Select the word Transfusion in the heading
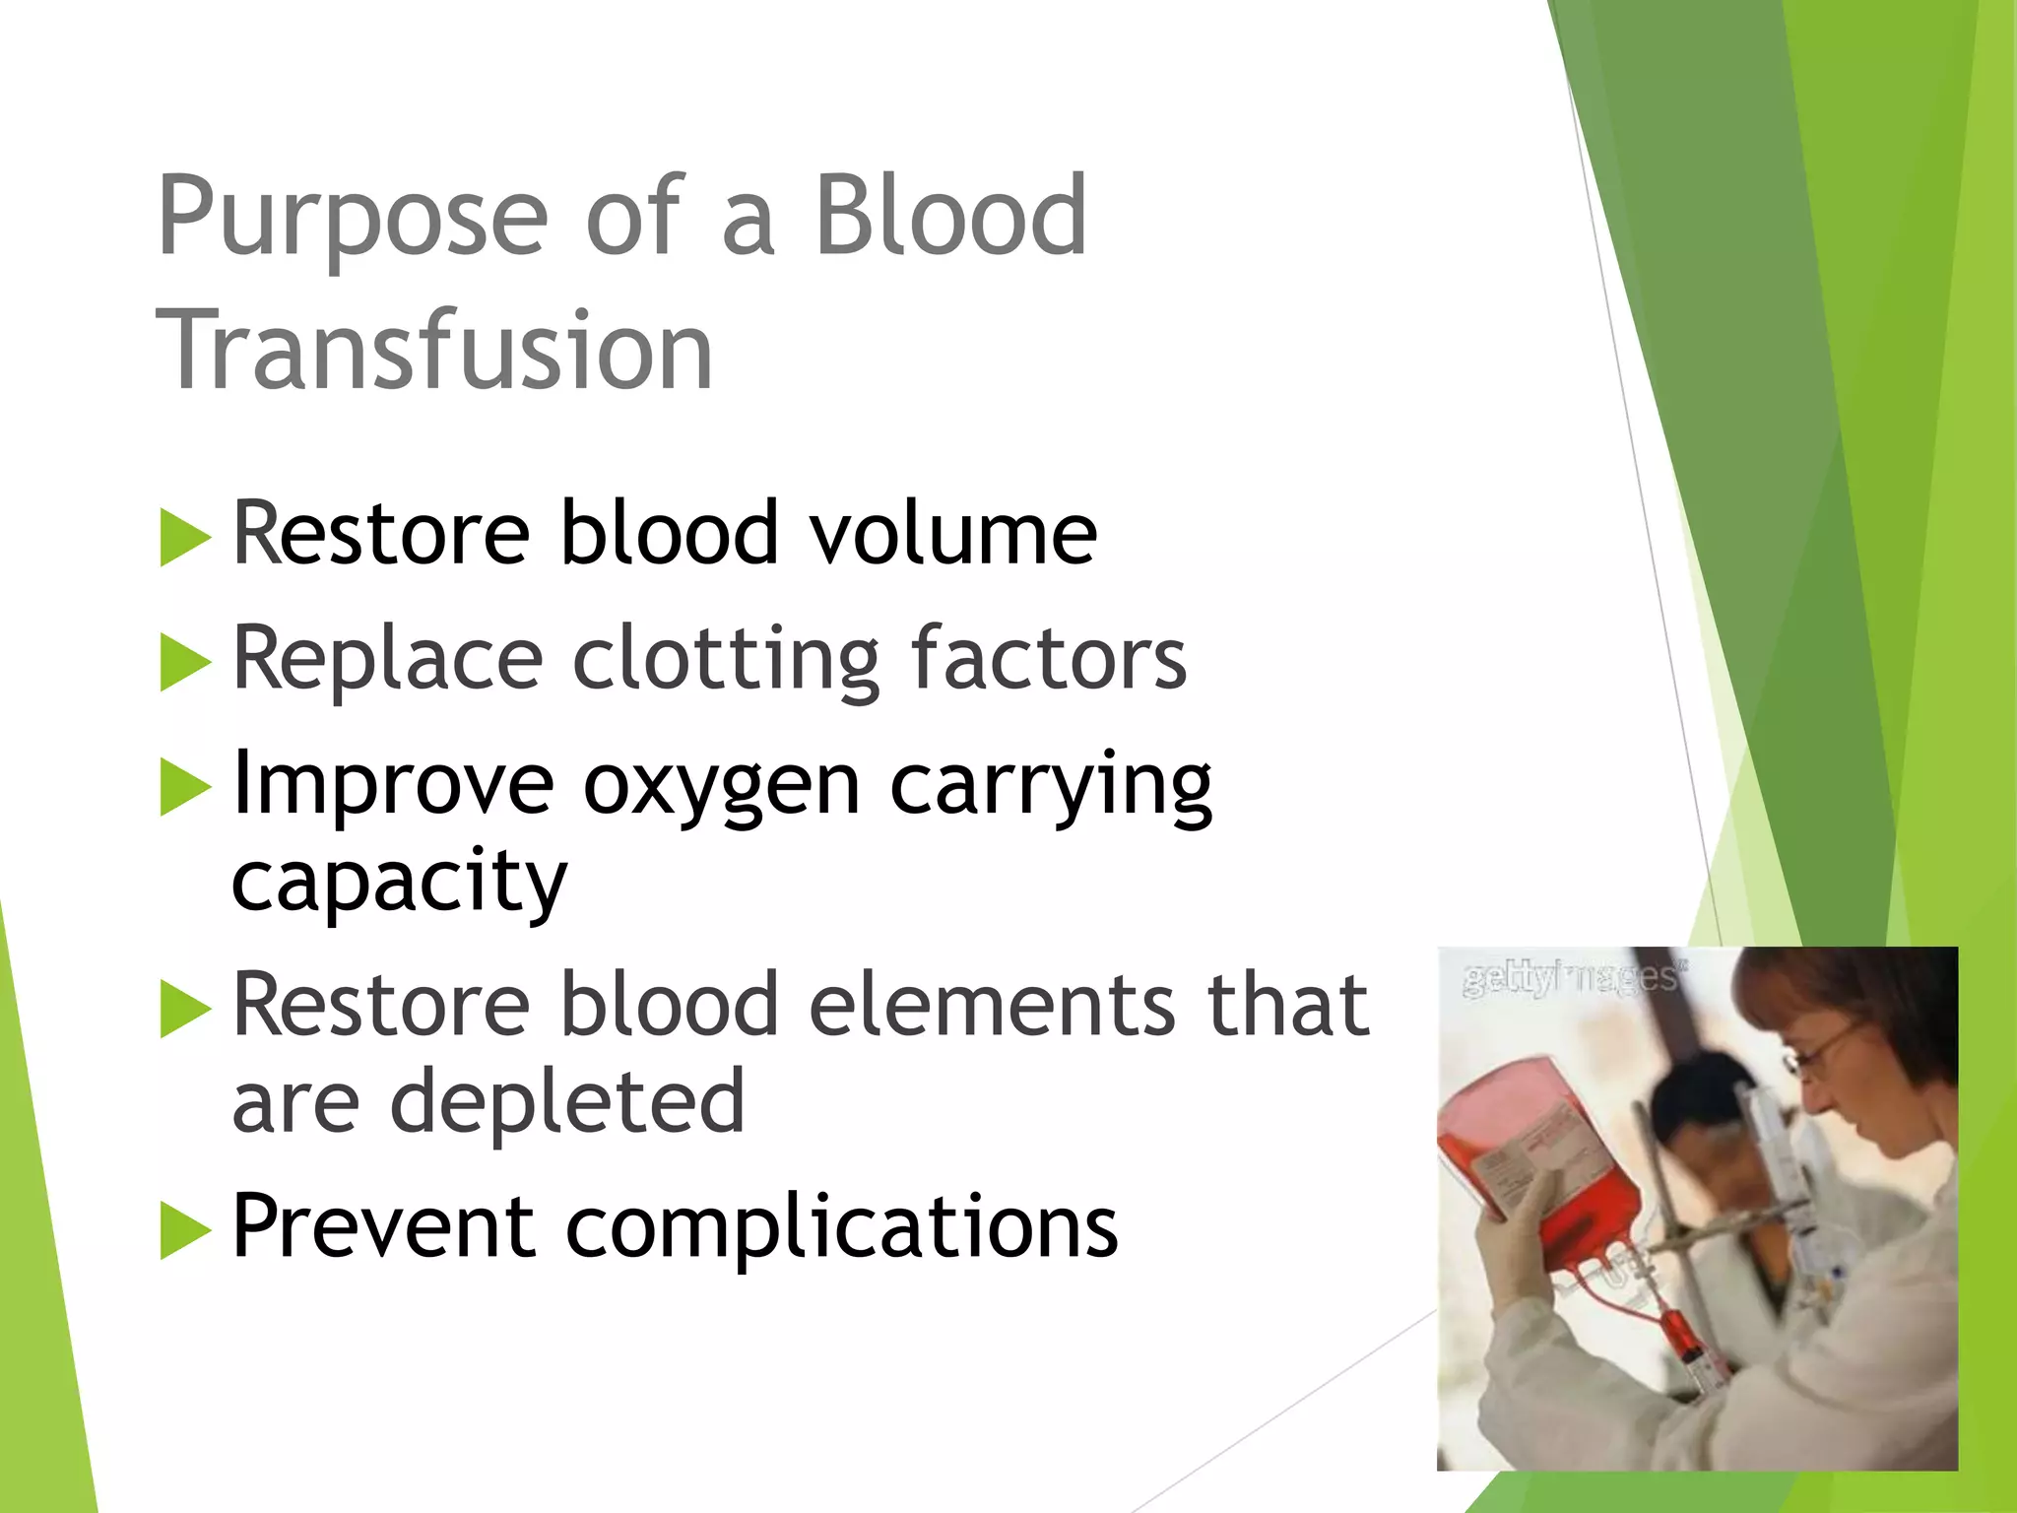click(434, 351)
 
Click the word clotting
click(726, 659)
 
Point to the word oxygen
click(721, 785)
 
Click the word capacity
click(399, 880)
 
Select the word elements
click(992, 1005)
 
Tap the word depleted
click(567, 1100)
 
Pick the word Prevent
click(383, 1226)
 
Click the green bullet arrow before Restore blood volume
click(185, 538)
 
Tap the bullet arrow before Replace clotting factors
click(185, 662)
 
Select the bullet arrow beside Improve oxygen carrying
click(185, 788)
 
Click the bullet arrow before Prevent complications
click(185, 1231)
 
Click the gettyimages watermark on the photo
click(1573, 977)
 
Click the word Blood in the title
click(950, 217)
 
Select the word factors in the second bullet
click(1048, 659)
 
